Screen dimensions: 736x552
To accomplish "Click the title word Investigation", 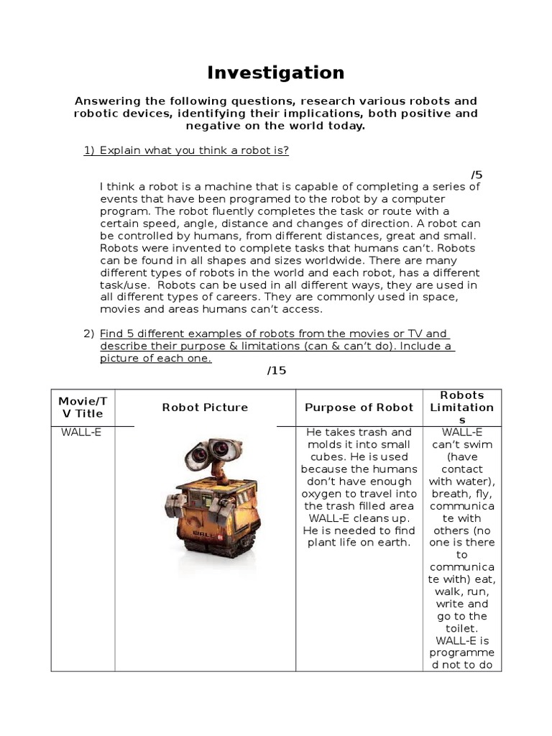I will tap(276, 73).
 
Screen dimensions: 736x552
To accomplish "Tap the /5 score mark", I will tap(477, 175).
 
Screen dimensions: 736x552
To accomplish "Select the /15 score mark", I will tap(276, 370).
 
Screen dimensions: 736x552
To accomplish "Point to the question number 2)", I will tap(89, 333).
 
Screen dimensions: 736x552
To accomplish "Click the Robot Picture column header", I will tap(205, 408).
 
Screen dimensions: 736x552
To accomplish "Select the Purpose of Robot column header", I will tap(359, 408).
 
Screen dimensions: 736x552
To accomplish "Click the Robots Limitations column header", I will tap(462, 408).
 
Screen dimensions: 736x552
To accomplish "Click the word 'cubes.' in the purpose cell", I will tap(321, 456).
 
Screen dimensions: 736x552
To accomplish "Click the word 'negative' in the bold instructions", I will tap(212, 126).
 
